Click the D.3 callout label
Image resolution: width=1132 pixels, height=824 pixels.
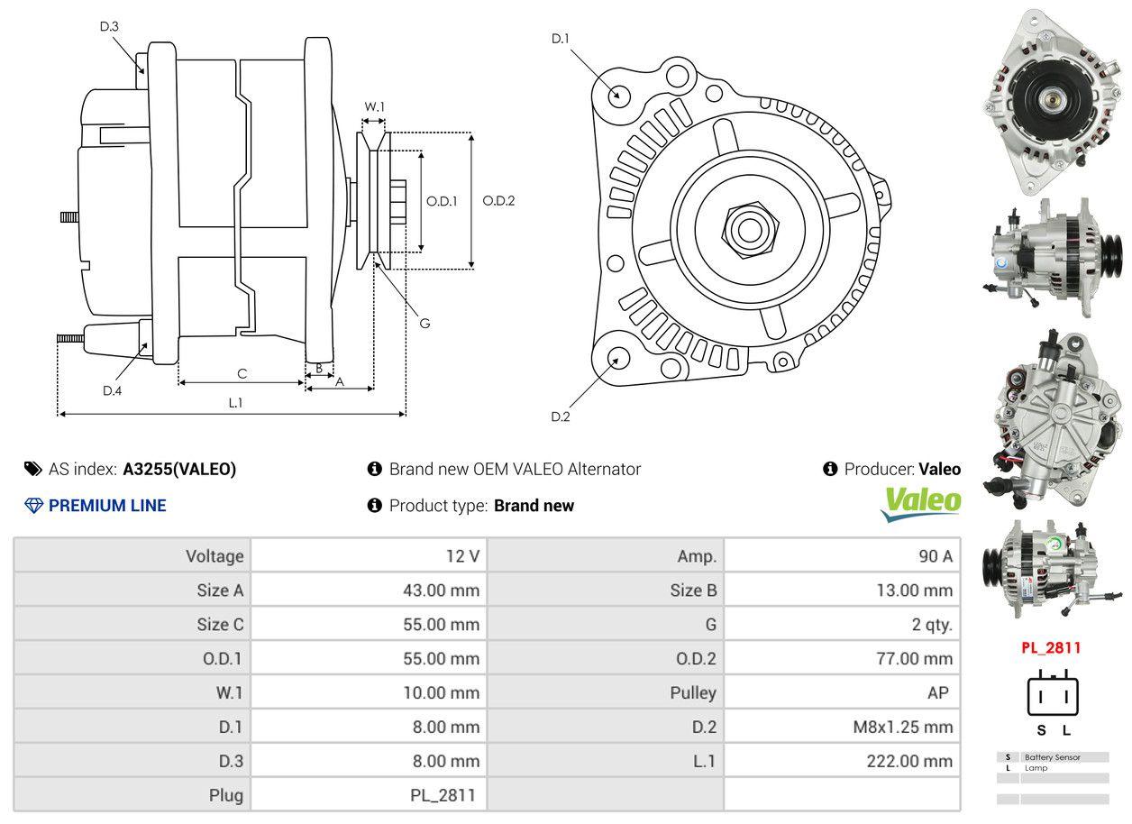pos(109,27)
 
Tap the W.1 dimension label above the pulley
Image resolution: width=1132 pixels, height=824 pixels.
pos(374,106)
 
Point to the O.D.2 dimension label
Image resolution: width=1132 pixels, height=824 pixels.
pos(498,200)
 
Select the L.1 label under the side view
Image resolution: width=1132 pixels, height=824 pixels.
pos(235,403)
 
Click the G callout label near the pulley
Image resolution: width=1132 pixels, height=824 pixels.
pos(424,323)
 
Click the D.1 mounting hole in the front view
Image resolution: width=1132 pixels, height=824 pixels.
pos(618,94)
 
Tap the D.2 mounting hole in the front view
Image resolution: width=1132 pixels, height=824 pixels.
pos(618,358)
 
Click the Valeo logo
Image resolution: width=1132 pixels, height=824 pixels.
pos(921,503)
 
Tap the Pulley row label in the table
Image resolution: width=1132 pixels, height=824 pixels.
pos(693,692)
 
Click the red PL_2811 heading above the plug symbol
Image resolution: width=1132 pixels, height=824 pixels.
pos(1050,647)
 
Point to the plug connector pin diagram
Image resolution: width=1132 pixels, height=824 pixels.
pos(1053,695)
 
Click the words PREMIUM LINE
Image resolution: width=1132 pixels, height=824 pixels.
pos(107,506)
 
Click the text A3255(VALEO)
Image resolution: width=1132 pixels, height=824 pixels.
pos(179,469)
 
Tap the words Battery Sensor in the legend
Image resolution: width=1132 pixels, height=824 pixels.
pos(1053,757)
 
